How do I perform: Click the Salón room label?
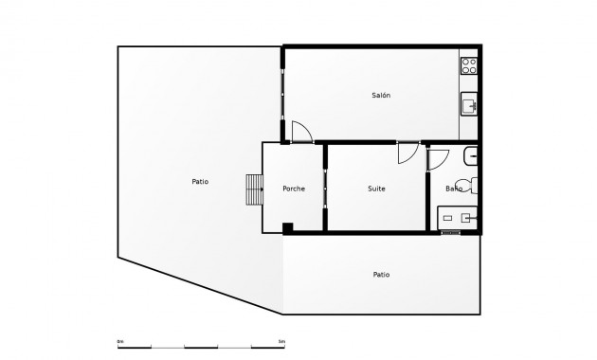[381, 96]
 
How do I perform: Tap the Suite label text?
[376, 189]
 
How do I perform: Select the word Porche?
[294, 189]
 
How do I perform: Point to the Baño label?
[454, 189]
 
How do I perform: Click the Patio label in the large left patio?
[200, 181]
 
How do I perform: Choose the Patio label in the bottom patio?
[381, 275]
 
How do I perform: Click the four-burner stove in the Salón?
[469, 66]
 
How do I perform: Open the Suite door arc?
[407, 153]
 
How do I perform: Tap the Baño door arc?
[437, 159]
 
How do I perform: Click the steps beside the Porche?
[254, 189]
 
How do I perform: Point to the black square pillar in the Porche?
[287, 226]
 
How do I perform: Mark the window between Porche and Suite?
[325, 189]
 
